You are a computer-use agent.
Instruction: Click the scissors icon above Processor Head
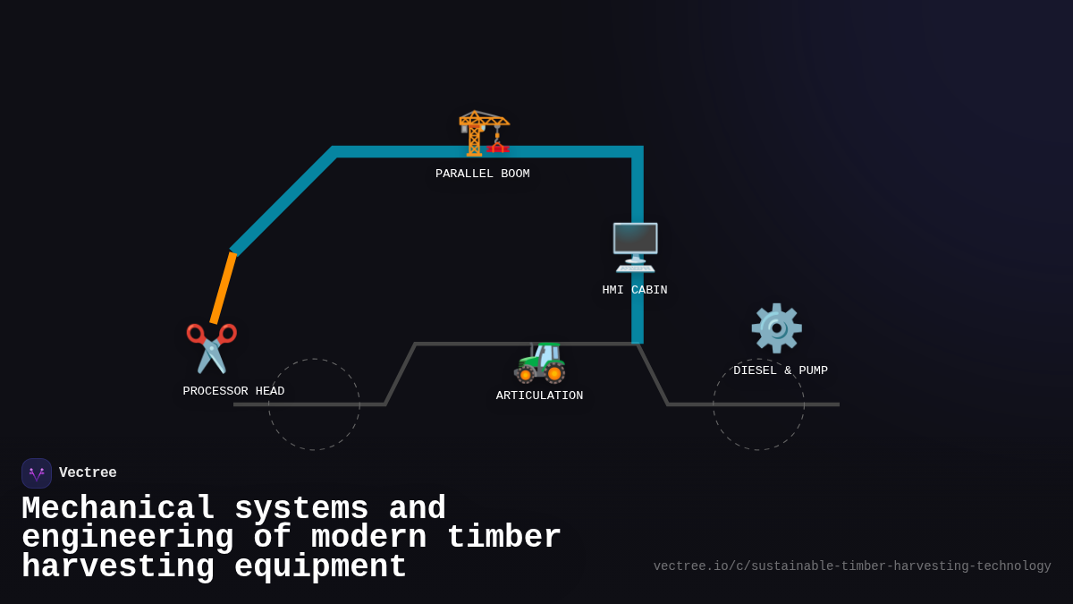pos(211,347)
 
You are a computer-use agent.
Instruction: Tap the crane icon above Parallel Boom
pos(483,132)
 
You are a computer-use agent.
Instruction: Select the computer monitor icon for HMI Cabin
pos(635,247)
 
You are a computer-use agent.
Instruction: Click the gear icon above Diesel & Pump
pos(776,328)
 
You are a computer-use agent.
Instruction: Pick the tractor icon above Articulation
pos(540,362)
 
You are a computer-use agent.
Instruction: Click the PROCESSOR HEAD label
pos(233,391)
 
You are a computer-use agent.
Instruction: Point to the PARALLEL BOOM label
pos(483,174)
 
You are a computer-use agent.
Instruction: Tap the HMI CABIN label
pos(635,290)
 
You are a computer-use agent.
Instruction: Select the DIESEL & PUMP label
pos(781,370)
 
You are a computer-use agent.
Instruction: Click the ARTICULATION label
pos(539,396)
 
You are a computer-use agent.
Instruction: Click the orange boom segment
pos(223,287)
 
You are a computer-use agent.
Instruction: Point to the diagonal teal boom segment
pos(283,201)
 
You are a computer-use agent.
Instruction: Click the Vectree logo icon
pos(37,473)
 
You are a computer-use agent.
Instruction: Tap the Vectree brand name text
pos(88,472)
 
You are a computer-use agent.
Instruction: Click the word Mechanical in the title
pos(118,508)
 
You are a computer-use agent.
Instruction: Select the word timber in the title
pos(503,538)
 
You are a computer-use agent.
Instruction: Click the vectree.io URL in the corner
pos(852,566)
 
